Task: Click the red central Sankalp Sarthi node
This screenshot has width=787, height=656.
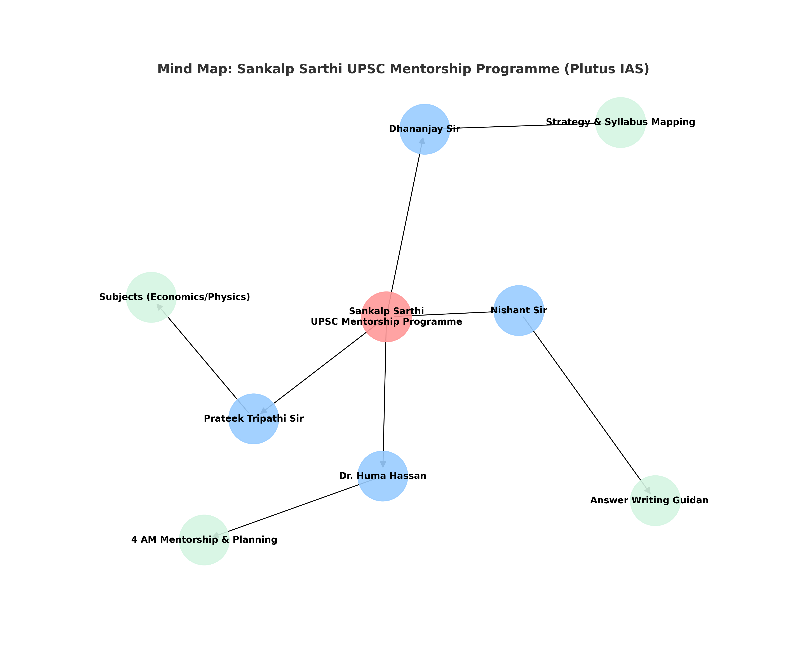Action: pos(386,317)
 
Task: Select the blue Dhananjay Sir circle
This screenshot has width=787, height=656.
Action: pos(425,129)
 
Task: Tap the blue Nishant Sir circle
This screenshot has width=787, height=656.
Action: pos(519,311)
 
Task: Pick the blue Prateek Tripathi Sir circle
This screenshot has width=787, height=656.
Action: pos(254,419)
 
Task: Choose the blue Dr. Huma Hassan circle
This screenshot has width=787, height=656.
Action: pos(383,476)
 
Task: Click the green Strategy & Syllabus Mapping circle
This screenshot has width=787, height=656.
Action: pos(621,123)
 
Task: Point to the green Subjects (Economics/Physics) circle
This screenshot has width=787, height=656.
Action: pos(151,297)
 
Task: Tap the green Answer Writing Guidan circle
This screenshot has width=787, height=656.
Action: pos(655,501)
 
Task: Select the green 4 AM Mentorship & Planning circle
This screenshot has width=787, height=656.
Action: pos(204,540)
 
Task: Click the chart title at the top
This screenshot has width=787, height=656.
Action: pos(403,69)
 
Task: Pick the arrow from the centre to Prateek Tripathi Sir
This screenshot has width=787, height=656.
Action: pos(319,369)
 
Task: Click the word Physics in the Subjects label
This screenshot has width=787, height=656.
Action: pos(232,297)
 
